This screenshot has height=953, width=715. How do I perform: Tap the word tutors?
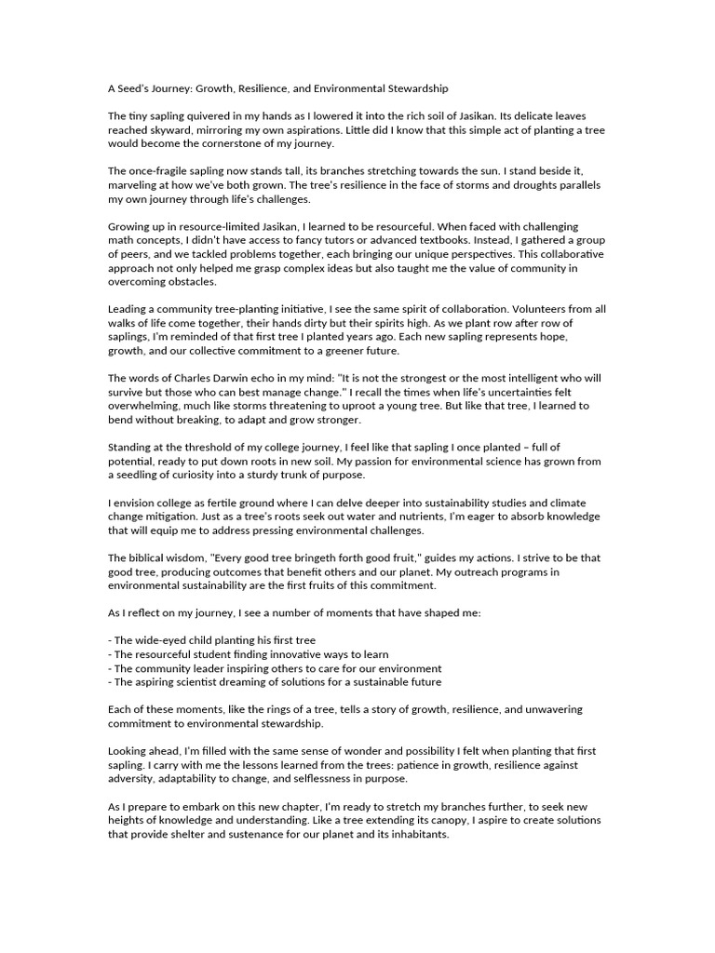pyautogui.click(x=355, y=239)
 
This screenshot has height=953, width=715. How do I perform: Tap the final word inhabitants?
pyautogui.click(x=416, y=835)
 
